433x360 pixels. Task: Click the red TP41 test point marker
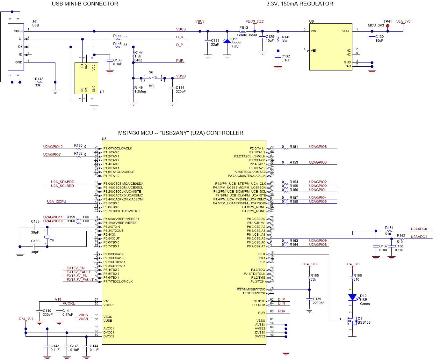[x=387, y=26]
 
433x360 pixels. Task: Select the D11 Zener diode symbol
[x=227, y=41]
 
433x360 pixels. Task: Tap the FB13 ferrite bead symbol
[x=243, y=31]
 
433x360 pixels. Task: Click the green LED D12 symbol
[x=352, y=298]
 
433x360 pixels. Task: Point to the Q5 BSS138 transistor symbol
[x=352, y=320]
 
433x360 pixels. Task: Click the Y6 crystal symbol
[x=47, y=237]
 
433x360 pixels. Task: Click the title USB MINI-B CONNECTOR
[x=85, y=4]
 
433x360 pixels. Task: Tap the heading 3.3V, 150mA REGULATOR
[x=299, y=4]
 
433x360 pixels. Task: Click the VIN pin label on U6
[x=314, y=31]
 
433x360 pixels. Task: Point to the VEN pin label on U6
[x=314, y=51]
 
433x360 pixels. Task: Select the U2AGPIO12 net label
[x=53, y=147]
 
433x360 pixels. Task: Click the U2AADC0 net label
[x=419, y=229]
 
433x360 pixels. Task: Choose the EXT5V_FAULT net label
[x=78, y=272]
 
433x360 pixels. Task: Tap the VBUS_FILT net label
[x=255, y=21]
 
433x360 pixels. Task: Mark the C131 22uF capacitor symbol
[x=208, y=41]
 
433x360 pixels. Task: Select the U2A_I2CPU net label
[x=57, y=202]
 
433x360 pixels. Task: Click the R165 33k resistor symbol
[x=309, y=278]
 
